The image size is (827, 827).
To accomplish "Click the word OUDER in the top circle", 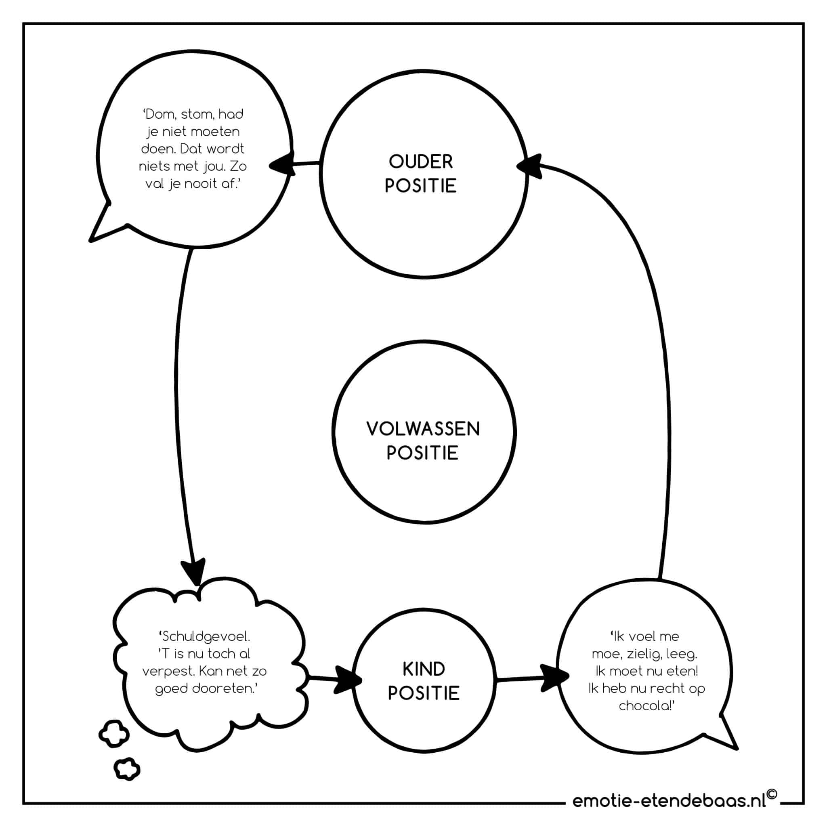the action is click(420, 162).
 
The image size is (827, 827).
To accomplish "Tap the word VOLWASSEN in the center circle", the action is click(423, 429).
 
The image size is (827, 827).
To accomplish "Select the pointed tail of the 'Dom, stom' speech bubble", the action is click(91, 241).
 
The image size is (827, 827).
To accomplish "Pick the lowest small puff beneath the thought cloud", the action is click(127, 770).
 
